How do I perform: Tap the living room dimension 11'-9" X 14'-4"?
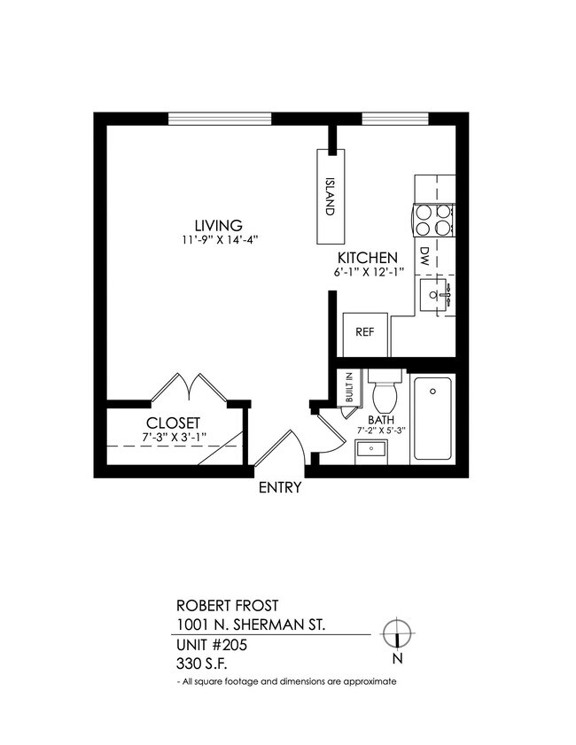219,239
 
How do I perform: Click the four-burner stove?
434,220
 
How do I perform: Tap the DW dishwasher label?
424,256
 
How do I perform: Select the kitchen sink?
434,294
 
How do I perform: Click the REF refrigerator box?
363,333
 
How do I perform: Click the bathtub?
432,418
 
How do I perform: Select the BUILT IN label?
349,388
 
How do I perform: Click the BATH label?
381,421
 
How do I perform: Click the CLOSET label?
173,423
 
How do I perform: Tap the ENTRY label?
280,487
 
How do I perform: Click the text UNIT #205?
211,645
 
